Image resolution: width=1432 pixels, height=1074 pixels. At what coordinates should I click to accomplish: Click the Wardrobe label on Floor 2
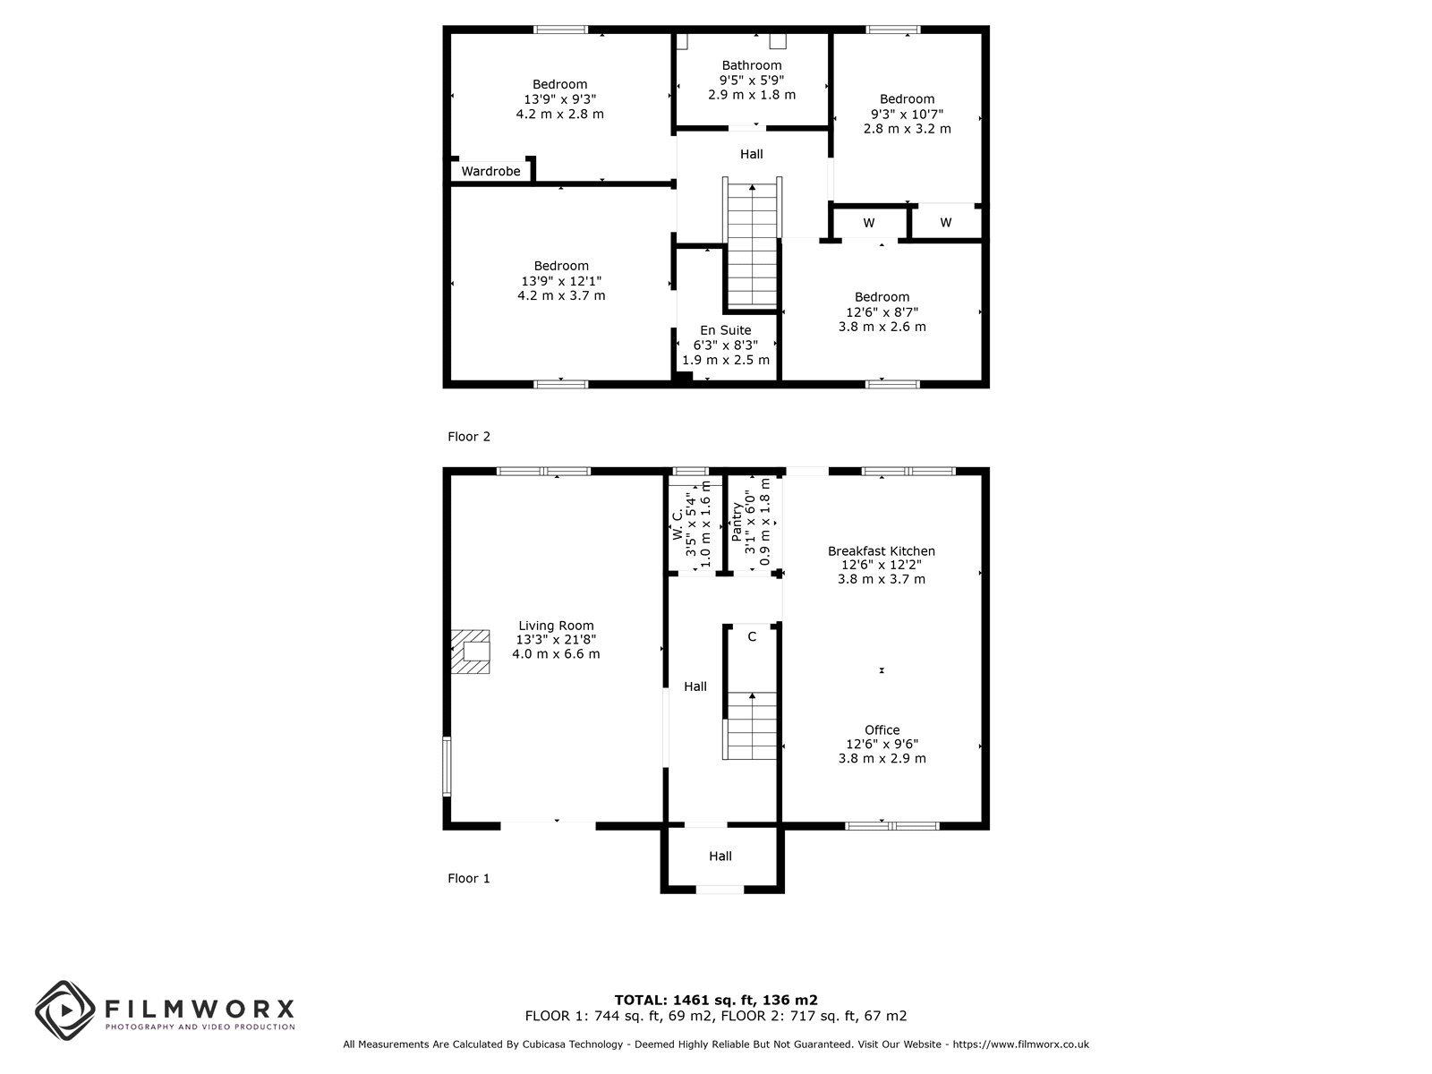pyautogui.click(x=490, y=172)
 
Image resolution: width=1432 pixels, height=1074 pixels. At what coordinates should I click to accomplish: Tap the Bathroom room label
pyautogui.click(x=752, y=65)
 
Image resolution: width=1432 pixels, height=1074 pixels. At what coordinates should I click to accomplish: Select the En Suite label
pyautogui.click(x=726, y=330)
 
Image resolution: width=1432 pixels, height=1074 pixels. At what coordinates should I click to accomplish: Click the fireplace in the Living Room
pyautogui.click(x=470, y=652)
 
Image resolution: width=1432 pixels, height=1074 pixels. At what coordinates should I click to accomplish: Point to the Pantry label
pyautogui.click(x=737, y=522)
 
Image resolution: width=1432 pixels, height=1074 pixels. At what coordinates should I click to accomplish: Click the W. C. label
pyautogui.click(x=678, y=525)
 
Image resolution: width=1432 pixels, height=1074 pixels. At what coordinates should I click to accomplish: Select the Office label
pyautogui.click(x=882, y=730)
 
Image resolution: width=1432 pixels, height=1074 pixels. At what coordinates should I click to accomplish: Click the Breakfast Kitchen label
pyautogui.click(x=882, y=551)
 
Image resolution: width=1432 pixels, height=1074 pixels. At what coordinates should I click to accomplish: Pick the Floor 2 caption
pyautogui.click(x=468, y=437)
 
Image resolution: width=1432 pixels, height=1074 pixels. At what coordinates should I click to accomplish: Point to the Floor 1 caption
pyautogui.click(x=468, y=878)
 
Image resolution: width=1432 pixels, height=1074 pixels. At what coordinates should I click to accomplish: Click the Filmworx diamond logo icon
pyautogui.click(x=65, y=1010)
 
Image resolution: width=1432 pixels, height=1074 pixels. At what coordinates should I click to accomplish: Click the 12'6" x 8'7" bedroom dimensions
pyautogui.click(x=882, y=312)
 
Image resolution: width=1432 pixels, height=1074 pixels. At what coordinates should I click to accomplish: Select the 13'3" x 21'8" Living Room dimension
pyautogui.click(x=556, y=640)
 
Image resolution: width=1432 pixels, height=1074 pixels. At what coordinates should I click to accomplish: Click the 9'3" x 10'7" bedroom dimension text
pyautogui.click(x=907, y=115)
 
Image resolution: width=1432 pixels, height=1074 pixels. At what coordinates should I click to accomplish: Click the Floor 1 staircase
pyautogui.click(x=750, y=725)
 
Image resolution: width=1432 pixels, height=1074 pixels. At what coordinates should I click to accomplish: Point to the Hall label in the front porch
pyautogui.click(x=720, y=857)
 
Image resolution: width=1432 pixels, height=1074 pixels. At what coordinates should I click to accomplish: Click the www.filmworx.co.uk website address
pyautogui.click(x=1020, y=1044)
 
